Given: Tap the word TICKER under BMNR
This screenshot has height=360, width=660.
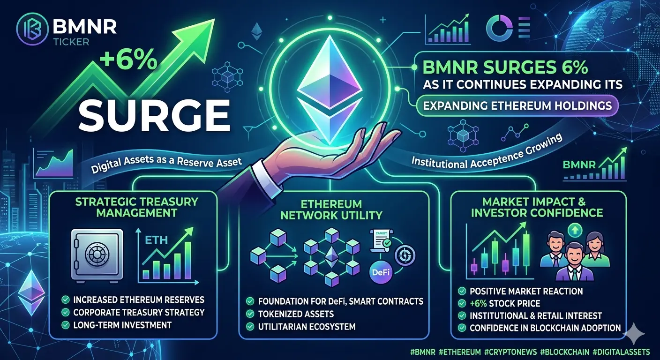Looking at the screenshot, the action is coord(72,42).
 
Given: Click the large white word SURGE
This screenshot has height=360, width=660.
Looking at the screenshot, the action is coord(154,115).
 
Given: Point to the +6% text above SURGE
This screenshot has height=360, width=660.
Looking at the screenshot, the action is coord(128,60).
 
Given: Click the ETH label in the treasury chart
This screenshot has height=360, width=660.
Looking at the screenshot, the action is coord(156,240).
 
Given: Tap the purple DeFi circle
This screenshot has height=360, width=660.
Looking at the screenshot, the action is coord(381,272).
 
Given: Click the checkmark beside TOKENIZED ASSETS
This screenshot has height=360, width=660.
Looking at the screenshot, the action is coord(250,314).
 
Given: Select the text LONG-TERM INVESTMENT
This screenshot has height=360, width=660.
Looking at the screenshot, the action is coord(122,325).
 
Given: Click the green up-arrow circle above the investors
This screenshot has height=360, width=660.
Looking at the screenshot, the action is coord(575,230).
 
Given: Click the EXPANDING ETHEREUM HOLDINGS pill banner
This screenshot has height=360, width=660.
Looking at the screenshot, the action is coord(517,105).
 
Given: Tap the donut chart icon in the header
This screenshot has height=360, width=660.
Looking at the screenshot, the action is coord(499,28).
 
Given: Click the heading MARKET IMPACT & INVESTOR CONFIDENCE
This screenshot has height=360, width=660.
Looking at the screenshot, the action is coord(537,207).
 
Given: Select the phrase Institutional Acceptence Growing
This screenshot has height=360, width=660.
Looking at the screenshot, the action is coord(487,153).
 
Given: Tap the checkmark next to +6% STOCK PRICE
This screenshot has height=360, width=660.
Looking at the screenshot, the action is coord(462,303).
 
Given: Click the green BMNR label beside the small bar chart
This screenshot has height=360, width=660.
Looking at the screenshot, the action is coord(579,165).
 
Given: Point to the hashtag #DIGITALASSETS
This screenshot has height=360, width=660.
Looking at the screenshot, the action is coord(621,352).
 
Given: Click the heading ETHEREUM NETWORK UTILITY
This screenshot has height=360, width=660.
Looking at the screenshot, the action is coord(331,210).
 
